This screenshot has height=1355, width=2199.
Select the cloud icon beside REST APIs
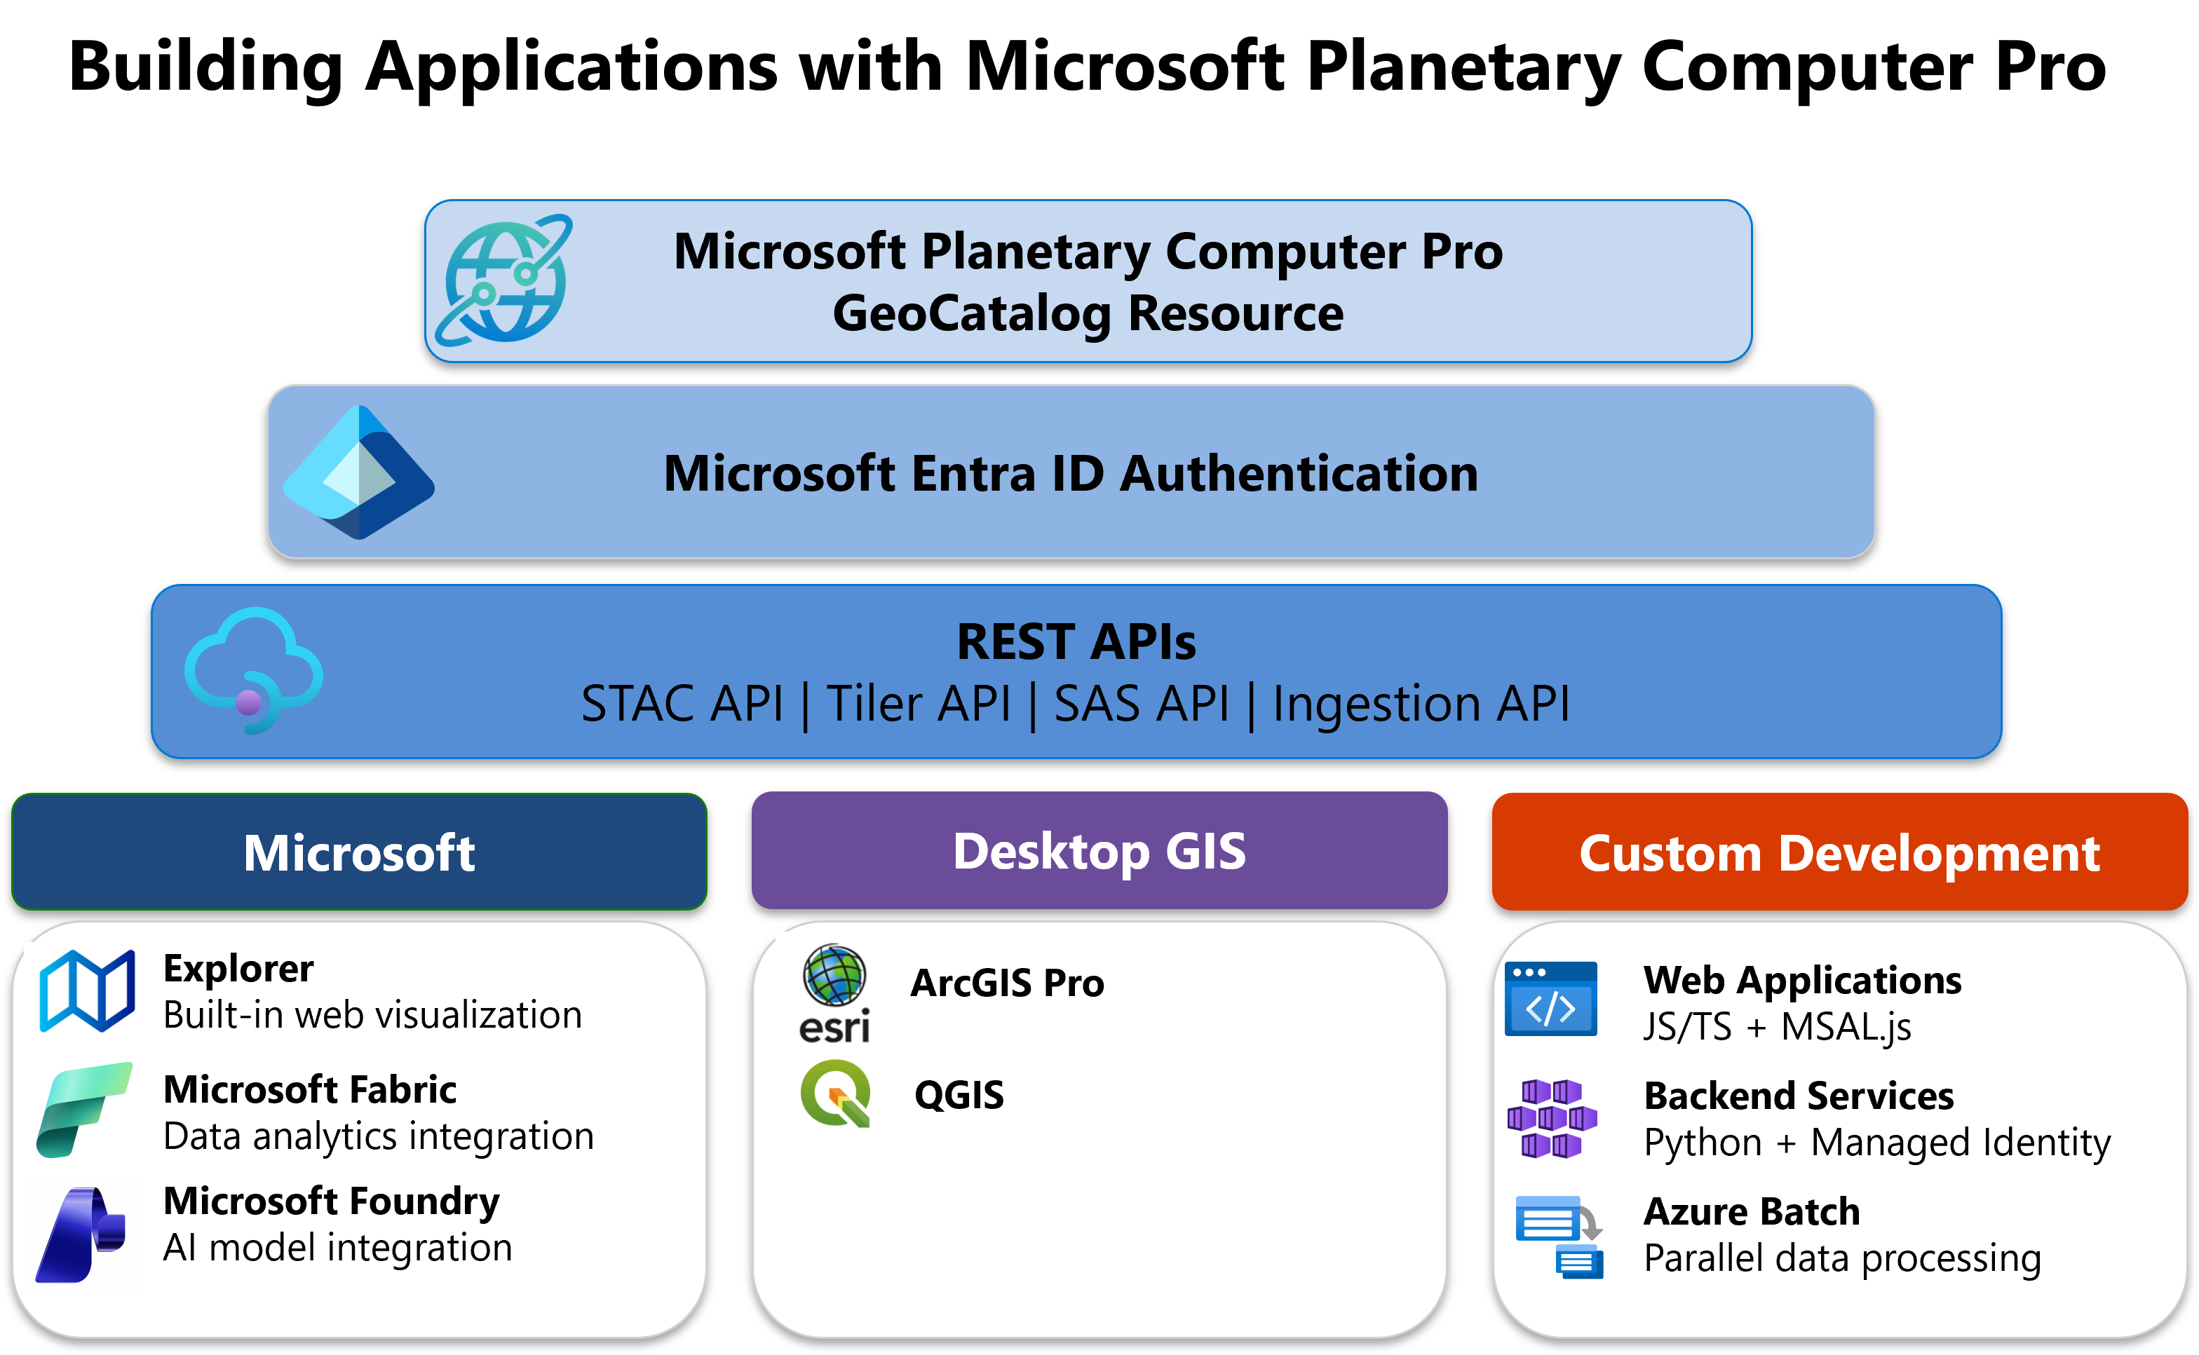(254, 670)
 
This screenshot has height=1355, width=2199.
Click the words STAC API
(682, 704)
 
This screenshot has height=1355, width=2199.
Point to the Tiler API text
(918, 704)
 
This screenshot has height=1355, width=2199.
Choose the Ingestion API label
(1421, 704)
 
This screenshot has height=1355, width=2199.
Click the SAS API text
(1141, 704)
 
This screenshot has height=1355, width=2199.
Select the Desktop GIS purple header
(1099, 850)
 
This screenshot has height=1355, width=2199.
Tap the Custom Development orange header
(1839, 852)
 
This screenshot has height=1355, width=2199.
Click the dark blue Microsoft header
(358, 852)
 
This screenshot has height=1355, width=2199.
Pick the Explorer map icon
(87, 990)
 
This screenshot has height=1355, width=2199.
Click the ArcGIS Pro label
(1007, 983)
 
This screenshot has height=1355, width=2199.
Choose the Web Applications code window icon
(1550, 998)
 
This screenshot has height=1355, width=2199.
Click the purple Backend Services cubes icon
(1551, 1118)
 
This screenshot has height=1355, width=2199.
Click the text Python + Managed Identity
(1876, 1143)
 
